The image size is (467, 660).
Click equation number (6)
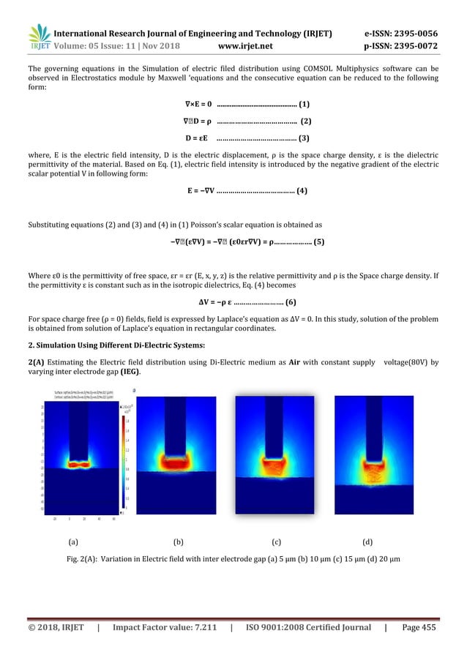[291, 303]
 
